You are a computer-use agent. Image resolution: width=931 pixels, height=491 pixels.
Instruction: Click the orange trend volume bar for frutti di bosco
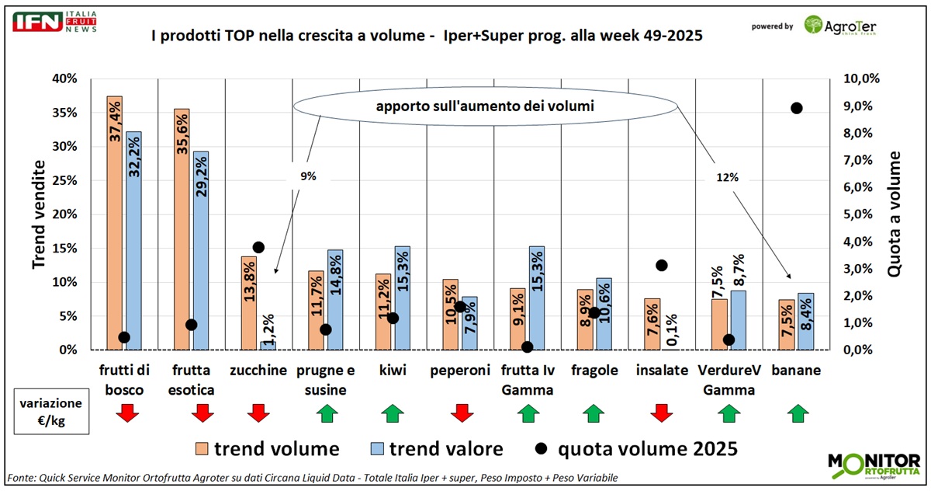click(115, 225)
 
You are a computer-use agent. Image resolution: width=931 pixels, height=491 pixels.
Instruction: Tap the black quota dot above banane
click(796, 108)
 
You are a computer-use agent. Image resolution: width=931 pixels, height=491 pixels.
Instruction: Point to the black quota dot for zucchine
click(259, 247)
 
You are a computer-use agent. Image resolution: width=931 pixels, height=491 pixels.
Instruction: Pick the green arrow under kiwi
click(393, 414)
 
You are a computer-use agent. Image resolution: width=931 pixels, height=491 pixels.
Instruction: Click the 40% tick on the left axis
click(64, 78)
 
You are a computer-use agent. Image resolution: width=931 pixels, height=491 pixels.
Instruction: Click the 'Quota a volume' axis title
click(894, 214)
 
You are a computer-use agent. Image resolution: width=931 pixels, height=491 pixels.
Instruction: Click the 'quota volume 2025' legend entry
click(636, 448)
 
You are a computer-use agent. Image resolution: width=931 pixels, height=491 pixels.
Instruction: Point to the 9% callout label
click(309, 176)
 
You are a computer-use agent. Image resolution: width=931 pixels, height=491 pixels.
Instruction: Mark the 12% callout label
click(727, 177)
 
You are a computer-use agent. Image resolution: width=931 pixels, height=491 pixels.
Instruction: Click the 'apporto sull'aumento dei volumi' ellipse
click(485, 106)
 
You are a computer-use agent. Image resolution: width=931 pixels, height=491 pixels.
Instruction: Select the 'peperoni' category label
click(460, 371)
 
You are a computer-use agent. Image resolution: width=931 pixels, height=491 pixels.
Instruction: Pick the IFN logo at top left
click(54, 22)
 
